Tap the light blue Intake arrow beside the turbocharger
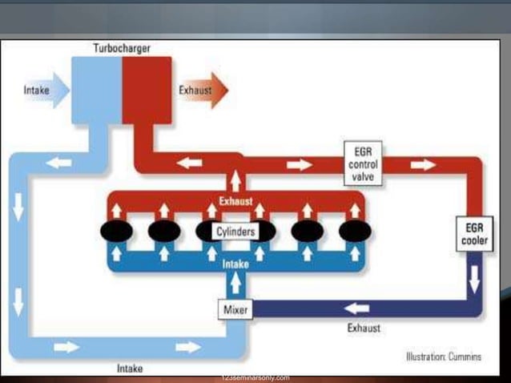pyautogui.click(x=42, y=91)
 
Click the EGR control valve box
pyautogui.click(x=364, y=163)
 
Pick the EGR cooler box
pyautogui.click(x=474, y=233)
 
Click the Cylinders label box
pyautogui.click(x=235, y=232)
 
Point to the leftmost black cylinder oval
pyautogui.click(x=116, y=232)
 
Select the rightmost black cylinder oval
pyautogui.click(x=355, y=232)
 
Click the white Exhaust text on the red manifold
pyautogui.click(x=235, y=200)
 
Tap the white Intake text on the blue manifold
pyautogui.click(x=235, y=263)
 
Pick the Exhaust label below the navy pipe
pyautogui.click(x=364, y=328)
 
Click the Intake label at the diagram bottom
pyautogui.click(x=130, y=369)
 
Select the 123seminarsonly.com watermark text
pyautogui.click(x=255, y=377)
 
